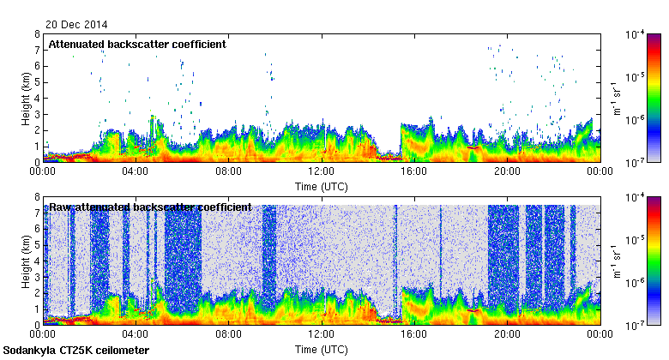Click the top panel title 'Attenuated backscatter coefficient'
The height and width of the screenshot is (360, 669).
pyautogui.click(x=137, y=44)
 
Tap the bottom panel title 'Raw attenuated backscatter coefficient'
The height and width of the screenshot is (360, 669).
pyautogui.click(x=150, y=207)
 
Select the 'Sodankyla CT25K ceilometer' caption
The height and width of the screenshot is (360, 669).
pyautogui.click(x=76, y=351)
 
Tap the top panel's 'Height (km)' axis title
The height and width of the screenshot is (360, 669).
pyautogui.click(x=27, y=98)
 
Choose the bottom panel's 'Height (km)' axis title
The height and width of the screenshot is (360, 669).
pyautogui.click(x=27, y=261)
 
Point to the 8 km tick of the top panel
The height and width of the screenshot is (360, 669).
pyautogui.click(x=38, y=34)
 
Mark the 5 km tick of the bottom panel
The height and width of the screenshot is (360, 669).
pyautogui.click(x=38, y=245)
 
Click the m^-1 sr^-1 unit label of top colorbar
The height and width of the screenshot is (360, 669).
pyautogui.click(x=615, y=98)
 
